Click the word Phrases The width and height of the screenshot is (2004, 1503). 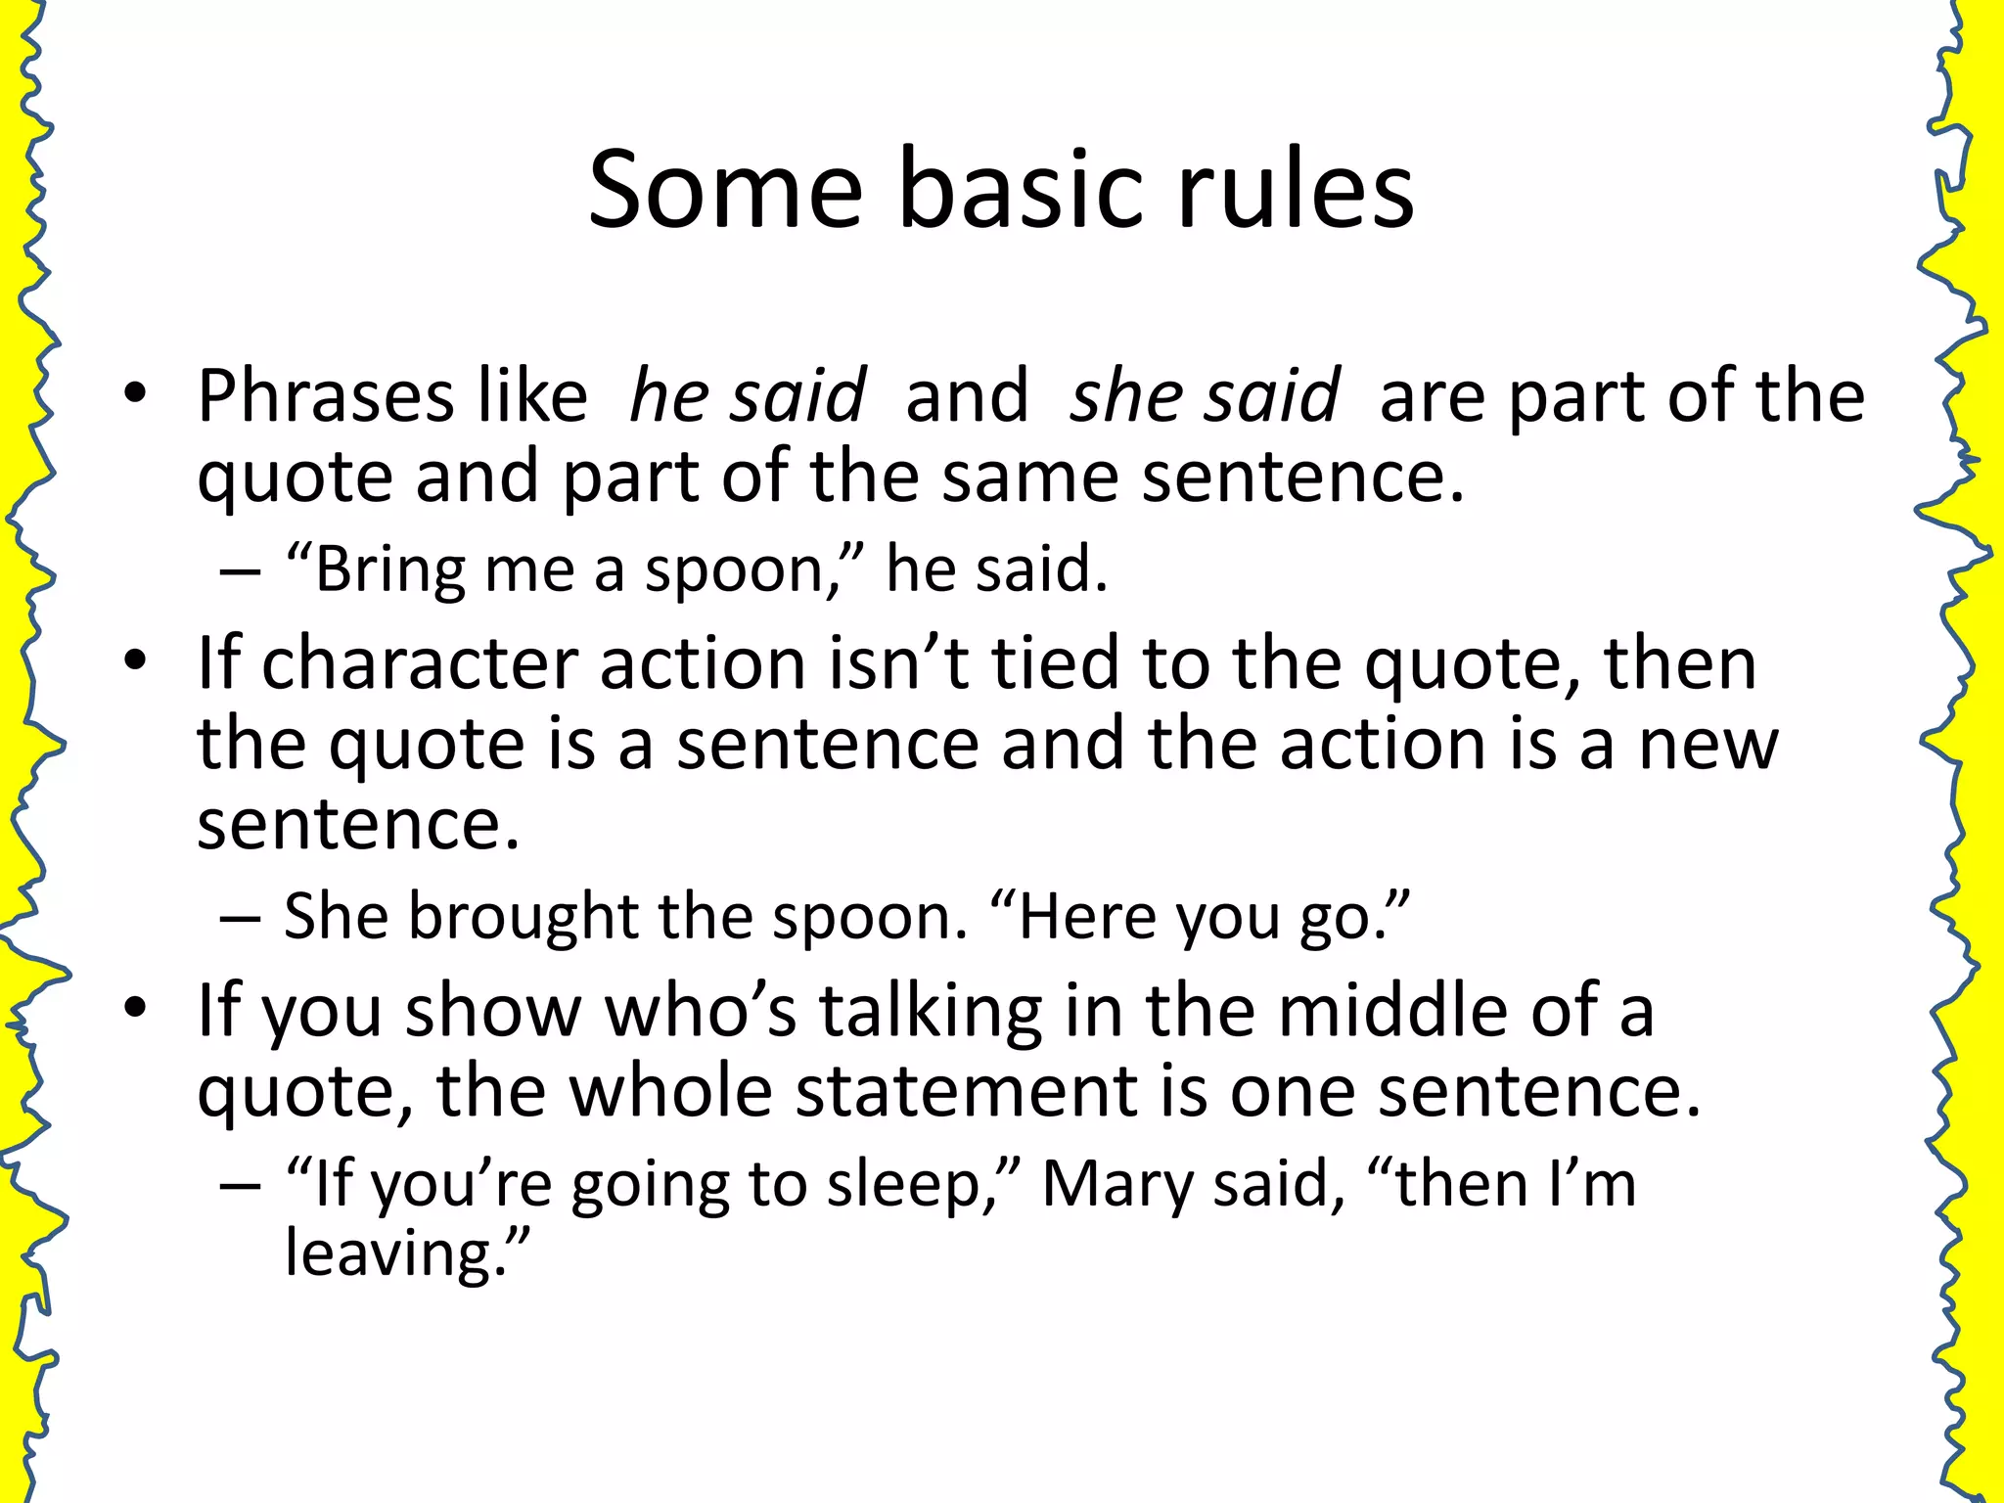tap(326, 396)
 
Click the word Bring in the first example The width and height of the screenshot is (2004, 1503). tap(388, 569)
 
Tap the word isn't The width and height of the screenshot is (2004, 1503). tap(899, 663)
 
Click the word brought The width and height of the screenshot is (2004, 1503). tap(523, 917)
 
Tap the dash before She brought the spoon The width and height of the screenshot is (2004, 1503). tap(241, 919)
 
